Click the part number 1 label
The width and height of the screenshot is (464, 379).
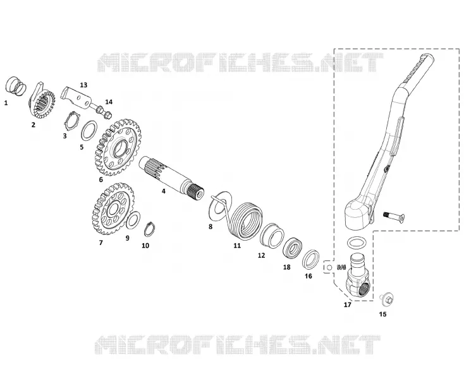(x=6, y=103)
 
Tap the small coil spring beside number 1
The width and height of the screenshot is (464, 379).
(x=16, y=86)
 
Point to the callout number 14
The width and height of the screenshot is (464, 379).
(x=109, y=102)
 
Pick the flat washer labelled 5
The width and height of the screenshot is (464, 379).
(x=89, y=131)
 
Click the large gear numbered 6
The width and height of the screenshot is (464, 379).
(x=118, y=147)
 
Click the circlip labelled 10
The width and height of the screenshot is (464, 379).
(x=150, y=229)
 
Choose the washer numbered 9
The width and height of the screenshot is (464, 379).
(x=133, y=220)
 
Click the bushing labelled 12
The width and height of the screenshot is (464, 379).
(x=272, y=236)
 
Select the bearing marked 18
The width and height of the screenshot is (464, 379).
(x=292, y=248)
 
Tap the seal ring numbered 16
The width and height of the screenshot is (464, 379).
(x=311, y=260)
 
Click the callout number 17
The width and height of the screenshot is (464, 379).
(x=348, y=304)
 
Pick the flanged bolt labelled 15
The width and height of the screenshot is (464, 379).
(x=386, y=299)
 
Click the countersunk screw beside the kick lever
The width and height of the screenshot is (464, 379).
(x=394, y=217)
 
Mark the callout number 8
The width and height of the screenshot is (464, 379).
(x=211, y=227)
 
